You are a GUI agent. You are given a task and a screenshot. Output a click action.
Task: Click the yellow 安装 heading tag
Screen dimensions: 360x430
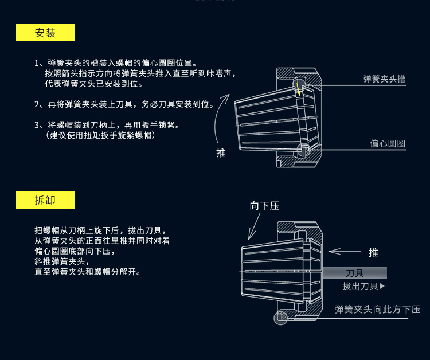45,33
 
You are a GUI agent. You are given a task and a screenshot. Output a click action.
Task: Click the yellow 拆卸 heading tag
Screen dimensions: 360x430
45,200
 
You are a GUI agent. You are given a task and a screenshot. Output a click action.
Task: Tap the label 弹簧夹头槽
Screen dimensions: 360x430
384,79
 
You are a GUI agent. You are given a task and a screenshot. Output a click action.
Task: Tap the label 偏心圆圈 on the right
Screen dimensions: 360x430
388,144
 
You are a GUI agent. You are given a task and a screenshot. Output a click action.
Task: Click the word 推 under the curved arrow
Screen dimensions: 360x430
221,153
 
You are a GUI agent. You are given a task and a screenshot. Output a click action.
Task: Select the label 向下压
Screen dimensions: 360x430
264,206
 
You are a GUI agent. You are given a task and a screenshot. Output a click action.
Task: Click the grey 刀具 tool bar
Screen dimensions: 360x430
354,273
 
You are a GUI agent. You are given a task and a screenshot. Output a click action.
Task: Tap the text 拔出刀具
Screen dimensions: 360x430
361,286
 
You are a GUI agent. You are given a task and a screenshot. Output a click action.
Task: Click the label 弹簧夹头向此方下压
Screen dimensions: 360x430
377,310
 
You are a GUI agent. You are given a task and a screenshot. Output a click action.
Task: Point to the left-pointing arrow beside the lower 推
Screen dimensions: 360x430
344,251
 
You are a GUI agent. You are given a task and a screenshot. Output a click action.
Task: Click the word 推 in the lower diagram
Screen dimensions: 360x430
373,252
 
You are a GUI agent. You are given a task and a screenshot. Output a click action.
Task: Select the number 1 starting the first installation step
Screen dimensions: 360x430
37,63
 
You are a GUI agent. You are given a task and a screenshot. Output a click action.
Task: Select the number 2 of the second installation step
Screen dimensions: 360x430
37,104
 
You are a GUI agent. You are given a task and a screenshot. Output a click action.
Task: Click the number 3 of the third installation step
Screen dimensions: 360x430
37,124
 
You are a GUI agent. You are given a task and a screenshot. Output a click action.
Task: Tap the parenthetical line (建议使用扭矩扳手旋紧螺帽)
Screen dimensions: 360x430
100,135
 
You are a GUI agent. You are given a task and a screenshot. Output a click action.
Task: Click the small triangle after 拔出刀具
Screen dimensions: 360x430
382,286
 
